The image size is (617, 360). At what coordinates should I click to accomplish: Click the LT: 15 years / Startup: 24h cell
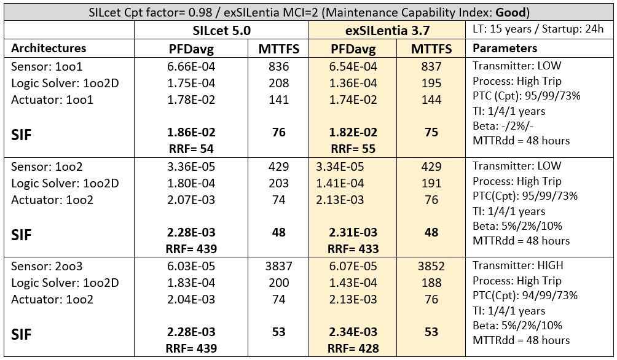[x=539, y=29]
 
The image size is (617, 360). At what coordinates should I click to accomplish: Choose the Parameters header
[x=505, y=48]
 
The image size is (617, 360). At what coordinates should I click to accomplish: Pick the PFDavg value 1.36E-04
[x=353, y=83]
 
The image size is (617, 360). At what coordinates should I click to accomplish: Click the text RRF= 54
[x=192, y=149]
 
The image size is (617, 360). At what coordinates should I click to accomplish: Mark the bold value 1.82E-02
[x=353, y=133]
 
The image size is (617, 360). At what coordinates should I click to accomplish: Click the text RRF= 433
[x=353, y=249]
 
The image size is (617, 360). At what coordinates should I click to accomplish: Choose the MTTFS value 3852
[x=431, y=267]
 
